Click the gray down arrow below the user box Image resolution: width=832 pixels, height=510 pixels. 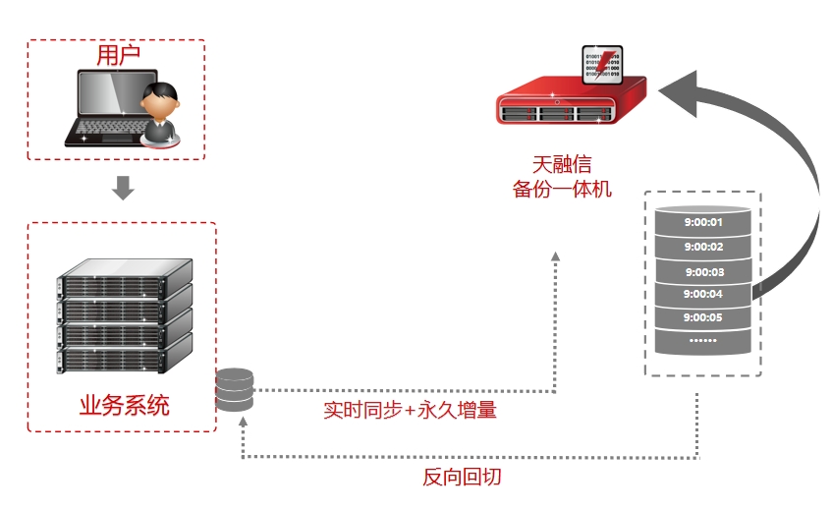click(123, 187)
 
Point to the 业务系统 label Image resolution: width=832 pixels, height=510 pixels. click(124, 405)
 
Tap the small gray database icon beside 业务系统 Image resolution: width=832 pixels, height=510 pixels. click(235, 390)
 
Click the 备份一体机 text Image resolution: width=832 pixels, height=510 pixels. click(562, 188)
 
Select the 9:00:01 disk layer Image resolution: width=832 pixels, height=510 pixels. click(703, 222)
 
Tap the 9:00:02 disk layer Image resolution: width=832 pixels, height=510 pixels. click(703, 247)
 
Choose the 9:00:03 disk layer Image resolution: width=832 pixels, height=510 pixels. click(703, 271)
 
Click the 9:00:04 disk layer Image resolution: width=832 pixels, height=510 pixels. click(703, 294)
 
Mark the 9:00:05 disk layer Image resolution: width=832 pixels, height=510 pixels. click(703, 317)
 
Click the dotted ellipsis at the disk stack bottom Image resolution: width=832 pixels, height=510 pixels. click(703, 341)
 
